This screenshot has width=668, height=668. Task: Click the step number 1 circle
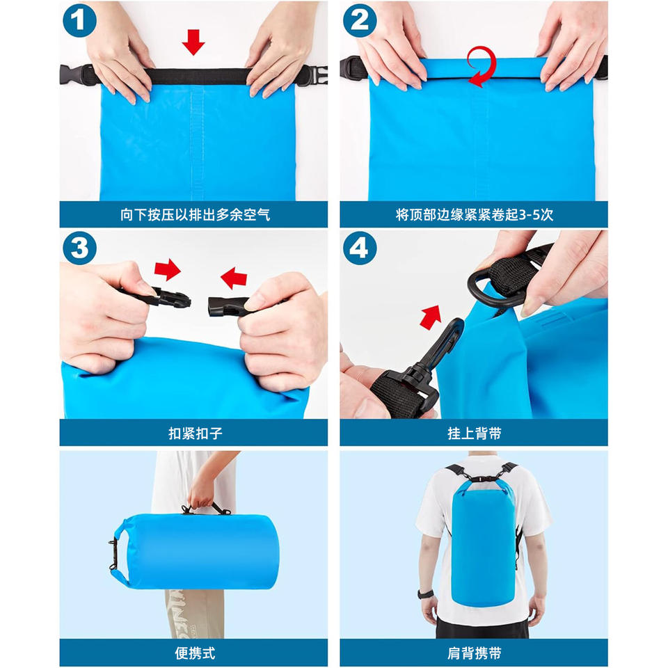[79, 20]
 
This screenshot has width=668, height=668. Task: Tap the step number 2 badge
[360, 20]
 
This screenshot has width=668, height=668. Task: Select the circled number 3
[79, 248]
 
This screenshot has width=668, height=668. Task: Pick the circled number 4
[360, 248]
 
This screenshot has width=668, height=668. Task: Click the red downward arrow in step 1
[193, 42]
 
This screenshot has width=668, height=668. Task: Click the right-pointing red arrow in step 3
[168, 269]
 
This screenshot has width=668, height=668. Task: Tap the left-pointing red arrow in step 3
[234, 278]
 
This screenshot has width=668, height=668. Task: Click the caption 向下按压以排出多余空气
[195, 215]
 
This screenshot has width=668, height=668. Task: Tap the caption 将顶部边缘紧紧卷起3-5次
[474, 215]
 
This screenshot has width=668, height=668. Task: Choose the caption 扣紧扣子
[196, 434]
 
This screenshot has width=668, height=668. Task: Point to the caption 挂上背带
[474, 434]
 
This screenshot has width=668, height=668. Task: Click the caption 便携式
[195, 653]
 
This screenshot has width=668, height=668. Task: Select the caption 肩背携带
[474, 653]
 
